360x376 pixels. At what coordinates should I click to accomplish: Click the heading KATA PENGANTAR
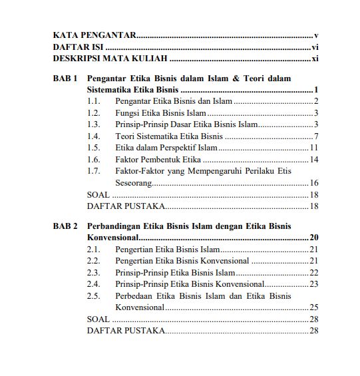(95, 35)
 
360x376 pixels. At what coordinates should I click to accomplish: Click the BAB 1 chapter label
(66, 79)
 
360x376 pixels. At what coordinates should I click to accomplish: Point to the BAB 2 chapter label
(66, 226)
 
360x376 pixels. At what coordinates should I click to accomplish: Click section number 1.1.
(93, 101)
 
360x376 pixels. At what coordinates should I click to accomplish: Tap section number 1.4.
(93, 136)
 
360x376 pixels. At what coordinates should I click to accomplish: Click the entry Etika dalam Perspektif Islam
(166, 148)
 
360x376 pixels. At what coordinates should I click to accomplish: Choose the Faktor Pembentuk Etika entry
(158, 160)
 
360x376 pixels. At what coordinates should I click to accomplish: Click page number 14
(315, 160)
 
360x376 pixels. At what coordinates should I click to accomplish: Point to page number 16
(315, 183)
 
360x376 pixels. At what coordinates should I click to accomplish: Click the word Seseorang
(133, 183)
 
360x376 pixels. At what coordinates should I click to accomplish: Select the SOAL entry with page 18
(98, 194)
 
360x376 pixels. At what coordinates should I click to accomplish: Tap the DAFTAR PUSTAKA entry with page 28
(126, 331)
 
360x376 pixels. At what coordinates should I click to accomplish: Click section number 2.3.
(93, 273)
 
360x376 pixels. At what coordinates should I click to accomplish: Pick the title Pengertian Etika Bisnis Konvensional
(182, 261)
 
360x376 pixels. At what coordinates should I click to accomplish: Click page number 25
(315, 307)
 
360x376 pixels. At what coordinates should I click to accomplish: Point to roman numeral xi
(315, 59)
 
